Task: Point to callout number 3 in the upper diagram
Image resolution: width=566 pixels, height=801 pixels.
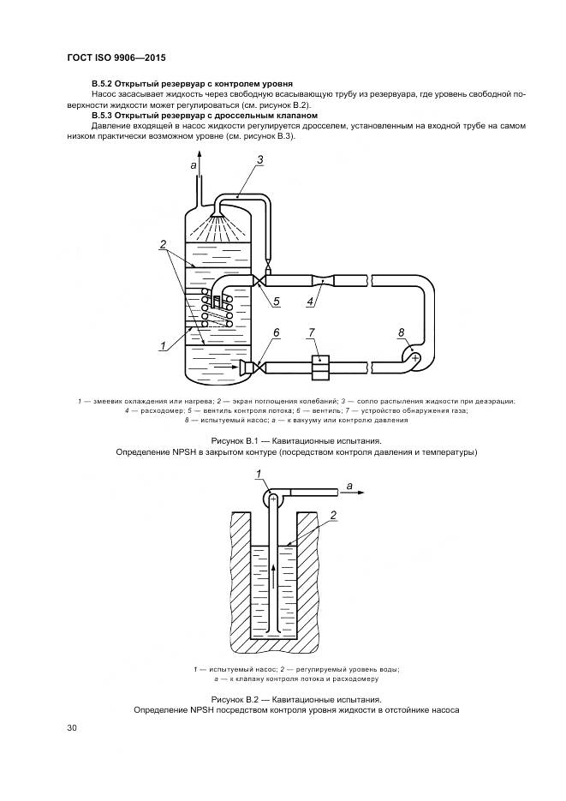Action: point(259,159)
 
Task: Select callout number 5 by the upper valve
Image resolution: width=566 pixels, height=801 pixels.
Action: point(277,300)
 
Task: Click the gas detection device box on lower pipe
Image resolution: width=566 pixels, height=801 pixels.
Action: point(320,367)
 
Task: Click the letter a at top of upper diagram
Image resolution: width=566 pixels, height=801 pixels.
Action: point(193,164)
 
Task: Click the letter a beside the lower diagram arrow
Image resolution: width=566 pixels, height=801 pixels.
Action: point(350,485)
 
